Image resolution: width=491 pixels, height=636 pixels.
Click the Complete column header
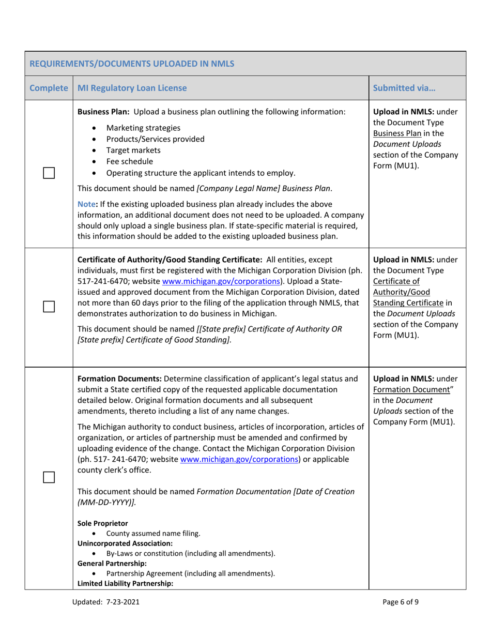tap(49, 88)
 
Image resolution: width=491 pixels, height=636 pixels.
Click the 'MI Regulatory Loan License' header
tap(132, 88)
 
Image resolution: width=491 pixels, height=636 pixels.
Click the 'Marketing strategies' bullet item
tap(143, 128)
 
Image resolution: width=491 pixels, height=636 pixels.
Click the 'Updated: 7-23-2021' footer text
tap(105, 602)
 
